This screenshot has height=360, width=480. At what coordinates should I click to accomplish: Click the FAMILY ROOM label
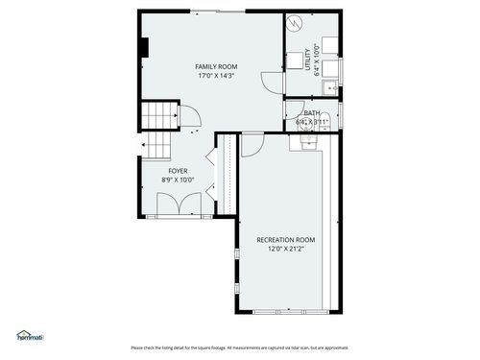pos(217,66)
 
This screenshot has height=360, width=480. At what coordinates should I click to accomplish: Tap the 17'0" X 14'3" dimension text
pos(217,76)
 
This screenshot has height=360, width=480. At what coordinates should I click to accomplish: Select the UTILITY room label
pos(308,60)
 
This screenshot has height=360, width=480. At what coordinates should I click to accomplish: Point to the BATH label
pos(313,113)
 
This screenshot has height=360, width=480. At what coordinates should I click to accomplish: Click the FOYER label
pos(178,170)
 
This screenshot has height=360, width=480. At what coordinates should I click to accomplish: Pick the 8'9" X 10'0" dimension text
pos(178,180)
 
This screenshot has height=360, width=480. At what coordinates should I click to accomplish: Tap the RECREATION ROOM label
pos(285,239)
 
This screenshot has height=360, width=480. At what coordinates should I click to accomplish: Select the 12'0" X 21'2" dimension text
pos(285,249)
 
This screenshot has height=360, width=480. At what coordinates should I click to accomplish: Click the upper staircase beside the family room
pos(160,117)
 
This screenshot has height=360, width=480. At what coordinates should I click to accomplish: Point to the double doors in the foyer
pos(179,205)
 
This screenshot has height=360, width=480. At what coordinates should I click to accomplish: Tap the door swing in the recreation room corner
pos(251,144)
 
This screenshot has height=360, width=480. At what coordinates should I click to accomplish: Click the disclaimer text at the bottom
pos(240,348)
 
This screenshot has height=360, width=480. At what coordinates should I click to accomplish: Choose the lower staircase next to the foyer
pos(157,149)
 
